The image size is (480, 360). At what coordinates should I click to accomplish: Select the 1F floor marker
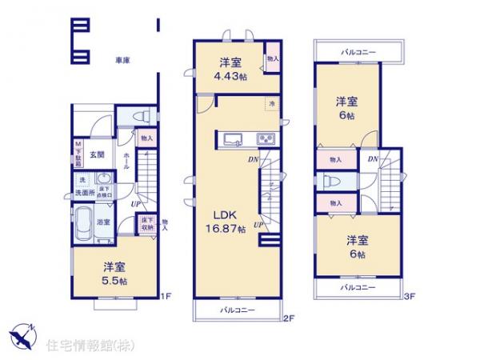[x=165, y=298]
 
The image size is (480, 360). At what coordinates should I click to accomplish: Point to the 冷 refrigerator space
[x=272, y=103]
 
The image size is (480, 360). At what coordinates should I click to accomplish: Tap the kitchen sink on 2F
[x=233, y=139]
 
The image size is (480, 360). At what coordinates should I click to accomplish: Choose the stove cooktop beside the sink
[x=265, y=139]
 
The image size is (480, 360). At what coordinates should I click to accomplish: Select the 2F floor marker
[x=289, y=318]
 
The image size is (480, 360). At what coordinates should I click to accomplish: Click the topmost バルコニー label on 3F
[x=358, y=52]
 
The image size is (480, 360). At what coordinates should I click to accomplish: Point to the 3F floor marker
[x=408, y=297]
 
